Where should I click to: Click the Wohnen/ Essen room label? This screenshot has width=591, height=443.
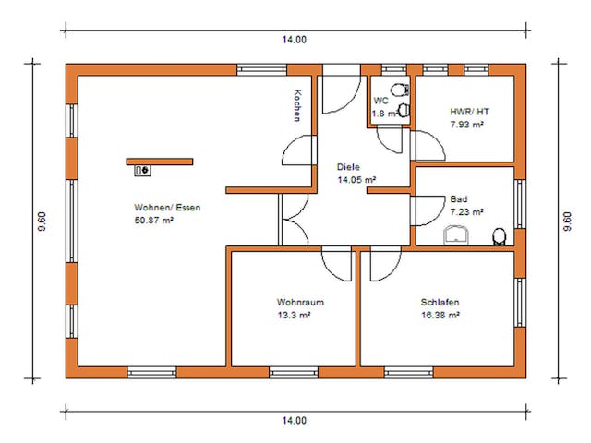tap(167, 208)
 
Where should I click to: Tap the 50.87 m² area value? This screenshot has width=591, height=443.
tap(154, 221)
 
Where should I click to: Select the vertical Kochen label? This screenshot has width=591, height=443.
tap(296, 105)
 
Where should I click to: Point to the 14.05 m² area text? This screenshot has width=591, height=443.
tap(356, 180)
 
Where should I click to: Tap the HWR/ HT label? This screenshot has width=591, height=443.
tap(469, 111)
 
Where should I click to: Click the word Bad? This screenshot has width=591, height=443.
tap(459, 198)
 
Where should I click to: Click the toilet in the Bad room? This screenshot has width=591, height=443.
tap(500, 237)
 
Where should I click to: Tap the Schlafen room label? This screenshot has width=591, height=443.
tap(440, 302)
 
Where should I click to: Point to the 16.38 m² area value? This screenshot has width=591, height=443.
tap(440, 315)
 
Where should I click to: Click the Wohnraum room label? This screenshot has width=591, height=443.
tap(300, 302)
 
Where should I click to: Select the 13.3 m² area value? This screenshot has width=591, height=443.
tap(293, 315)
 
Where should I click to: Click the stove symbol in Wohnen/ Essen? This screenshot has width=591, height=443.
tap(143, 170)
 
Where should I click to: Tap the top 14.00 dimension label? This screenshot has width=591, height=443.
tap(295, 40)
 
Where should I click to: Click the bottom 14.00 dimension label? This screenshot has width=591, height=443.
tap(295, 420)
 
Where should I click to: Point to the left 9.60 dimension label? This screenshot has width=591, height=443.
tap(42, 222)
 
